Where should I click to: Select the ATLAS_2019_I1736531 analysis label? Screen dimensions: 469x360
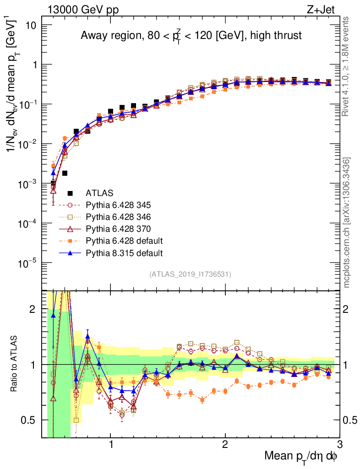click(x=190, y=274)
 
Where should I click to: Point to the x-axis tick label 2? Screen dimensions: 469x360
click(x=225, y=445)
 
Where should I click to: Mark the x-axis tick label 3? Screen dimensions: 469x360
click(x=339, y=445)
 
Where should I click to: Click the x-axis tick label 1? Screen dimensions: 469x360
click(x=110, y=445)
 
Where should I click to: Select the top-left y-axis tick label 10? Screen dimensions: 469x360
click(x=31, y=25)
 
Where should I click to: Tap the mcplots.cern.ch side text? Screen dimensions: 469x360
click(x=347, y=223)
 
